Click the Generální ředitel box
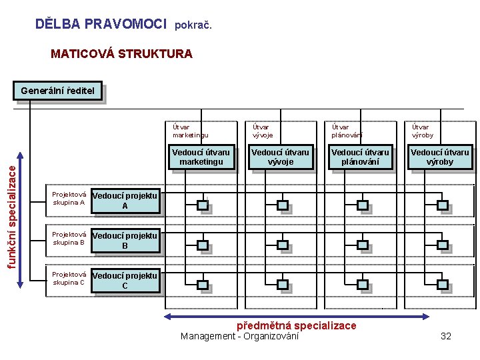click(x=57, y=91)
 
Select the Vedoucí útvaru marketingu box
click(x=201, y=157)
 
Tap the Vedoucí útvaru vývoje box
click(x=280, y=157)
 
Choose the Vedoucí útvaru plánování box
click(x=360, y=157)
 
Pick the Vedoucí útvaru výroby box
click(x=439, y=157)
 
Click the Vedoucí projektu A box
click(x=125, y=201)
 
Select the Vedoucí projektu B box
click(x=125, y=241)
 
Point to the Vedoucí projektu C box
click(x=125, y=281)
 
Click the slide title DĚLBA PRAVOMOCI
click(x=100, y=25)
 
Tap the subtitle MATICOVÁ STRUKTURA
click(x=121, y=54)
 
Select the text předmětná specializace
click(x=297, y=325)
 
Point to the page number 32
click(x=446, y=336)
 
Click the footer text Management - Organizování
click(x=239, y=336)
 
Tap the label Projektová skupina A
click(x=69, y=199)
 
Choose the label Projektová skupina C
click(x=69, y=278)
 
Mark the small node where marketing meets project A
click(x=203, y=205)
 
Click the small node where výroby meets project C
click(x=441, y=285)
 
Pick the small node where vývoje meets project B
click(x=282, y=245)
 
